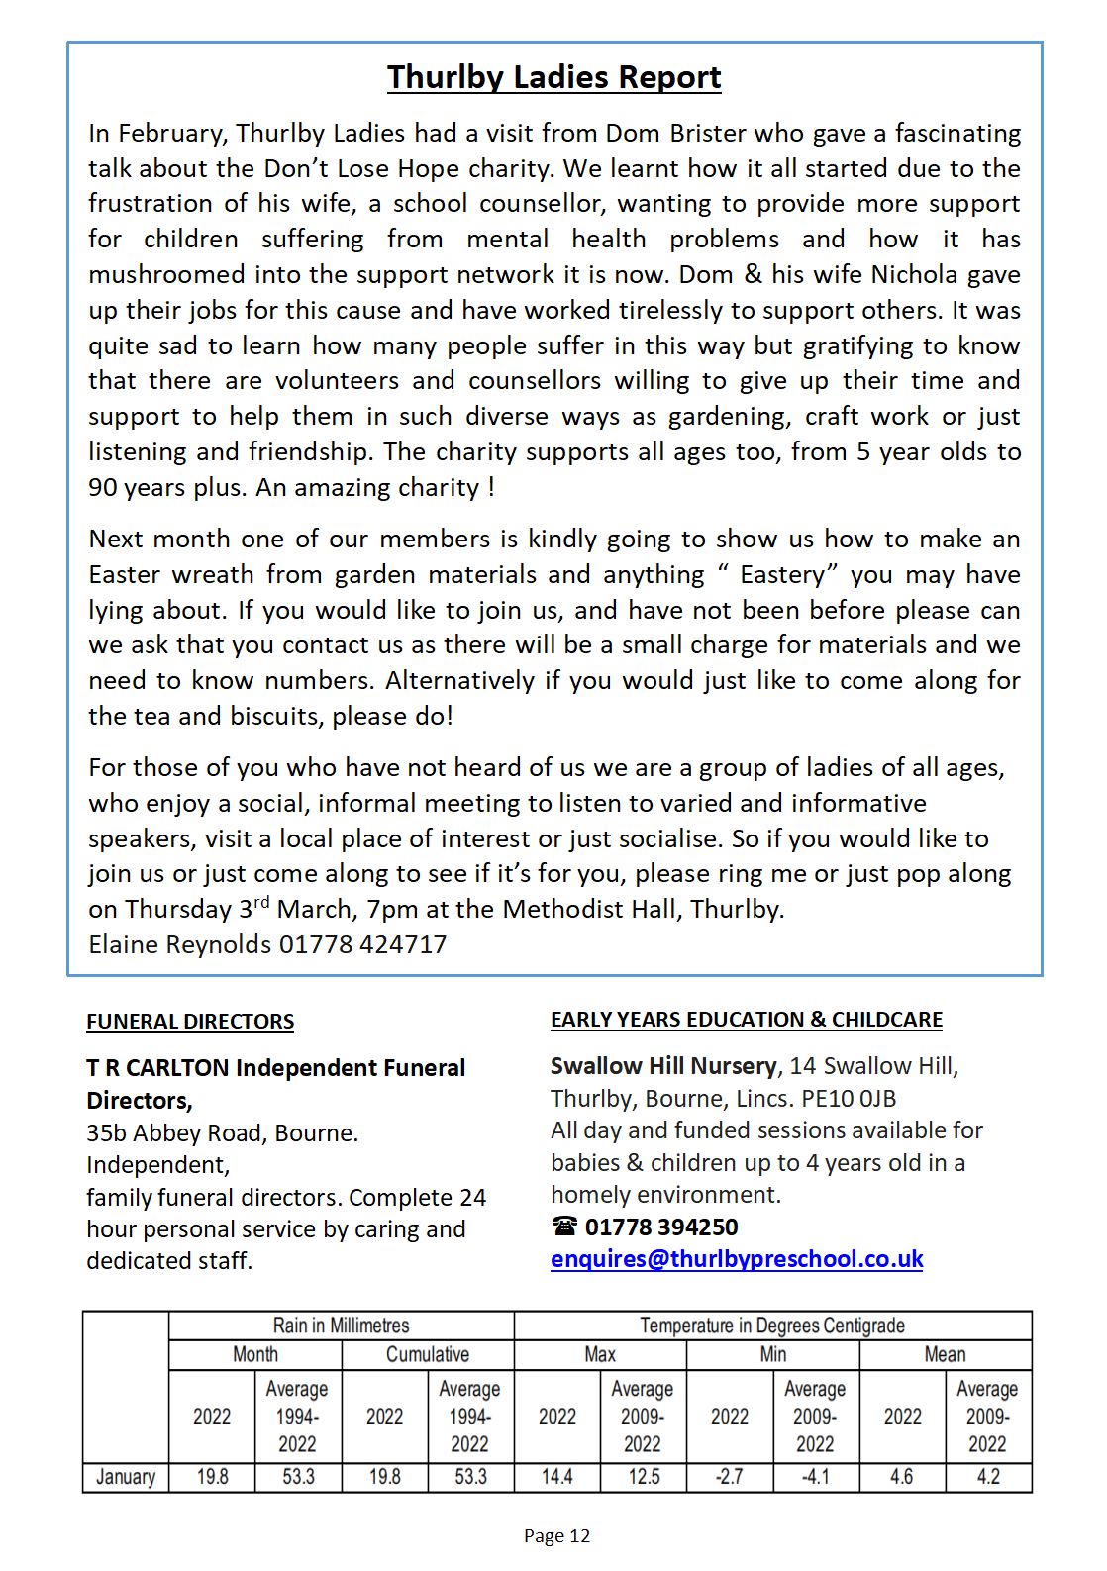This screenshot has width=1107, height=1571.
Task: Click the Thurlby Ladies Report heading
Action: pyautogui.click(x=553, y=77)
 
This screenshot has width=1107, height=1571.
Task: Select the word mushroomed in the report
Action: pyautogui.click(x=166, y=275)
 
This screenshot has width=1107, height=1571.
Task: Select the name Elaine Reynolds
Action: pyautogui.click(x=179, y=945)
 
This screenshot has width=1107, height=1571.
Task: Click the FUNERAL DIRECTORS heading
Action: pyautogui.click(x=190, y=1022)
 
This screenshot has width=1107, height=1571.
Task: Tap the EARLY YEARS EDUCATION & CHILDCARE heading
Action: pyautogui.click(x=746, y=1020)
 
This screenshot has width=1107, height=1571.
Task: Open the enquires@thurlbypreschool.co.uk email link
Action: pyautogui.click(x=737, y=1259)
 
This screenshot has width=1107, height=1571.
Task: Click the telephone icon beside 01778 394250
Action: pyautogui.click(x=564, y=1227)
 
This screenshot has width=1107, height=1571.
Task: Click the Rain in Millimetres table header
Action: pyautogui.click(x=341, y=1326)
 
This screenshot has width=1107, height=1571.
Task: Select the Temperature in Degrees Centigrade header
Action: pyautogui.click(x=772, y=1326)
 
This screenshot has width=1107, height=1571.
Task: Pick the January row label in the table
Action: pyautogui.click(x=126, y=1477)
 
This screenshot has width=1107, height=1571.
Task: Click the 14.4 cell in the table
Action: pyautogui.click(x=556, y=1477)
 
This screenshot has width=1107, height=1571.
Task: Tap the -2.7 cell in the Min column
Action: pyautogui.click(x=730, y=1477)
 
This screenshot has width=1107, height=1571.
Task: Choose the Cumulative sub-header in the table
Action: pyautogui.click(x=428, y=1354)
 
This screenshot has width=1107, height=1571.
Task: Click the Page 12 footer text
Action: pyautogui.click(x=556, y=1536)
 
